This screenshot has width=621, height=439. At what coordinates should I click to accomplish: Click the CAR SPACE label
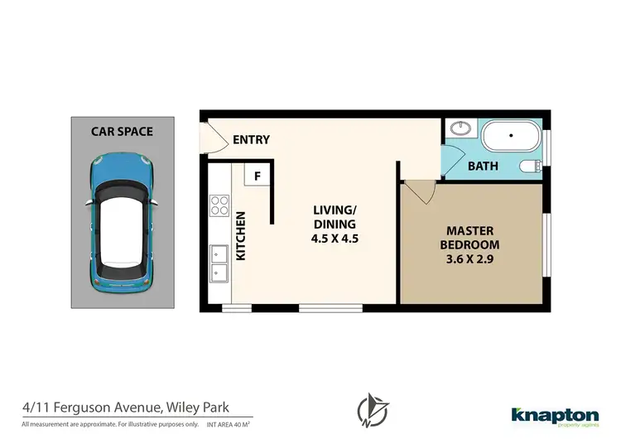tap(122, 131)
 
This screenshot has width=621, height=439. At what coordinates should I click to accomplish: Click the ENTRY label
tap(251, 139)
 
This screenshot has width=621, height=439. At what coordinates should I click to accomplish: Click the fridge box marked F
tap(257, 176)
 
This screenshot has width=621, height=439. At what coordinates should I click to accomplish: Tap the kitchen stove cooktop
tap(219, 205)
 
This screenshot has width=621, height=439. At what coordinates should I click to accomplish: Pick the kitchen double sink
tap(219, 263)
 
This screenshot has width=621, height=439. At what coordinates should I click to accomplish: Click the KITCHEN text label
tap(242, 237)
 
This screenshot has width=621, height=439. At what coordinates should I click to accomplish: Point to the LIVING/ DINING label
tap(335, 217)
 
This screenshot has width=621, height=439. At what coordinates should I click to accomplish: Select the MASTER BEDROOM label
tap(472, 238)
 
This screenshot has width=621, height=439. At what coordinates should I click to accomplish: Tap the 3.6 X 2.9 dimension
tap(472, 259)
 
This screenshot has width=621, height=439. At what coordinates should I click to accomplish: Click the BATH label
tap(483, 166)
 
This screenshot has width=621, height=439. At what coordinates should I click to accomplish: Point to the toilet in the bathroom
tap(530, 166)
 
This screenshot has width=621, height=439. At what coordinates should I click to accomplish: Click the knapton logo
tap(554, 415)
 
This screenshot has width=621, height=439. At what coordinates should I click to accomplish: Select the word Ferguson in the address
tap(90, 407)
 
